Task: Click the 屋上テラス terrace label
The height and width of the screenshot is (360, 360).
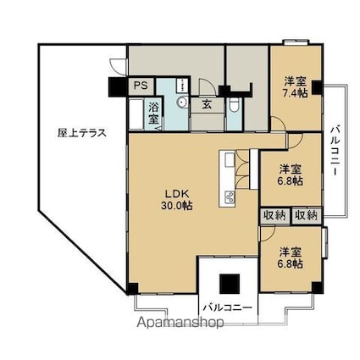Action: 80,132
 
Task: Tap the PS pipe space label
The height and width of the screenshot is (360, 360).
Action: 140,86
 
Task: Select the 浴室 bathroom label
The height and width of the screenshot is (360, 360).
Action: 153,113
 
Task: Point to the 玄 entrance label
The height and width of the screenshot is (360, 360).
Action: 207,105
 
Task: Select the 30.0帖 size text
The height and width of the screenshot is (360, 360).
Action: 174,204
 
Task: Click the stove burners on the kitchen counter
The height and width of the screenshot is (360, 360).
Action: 229,197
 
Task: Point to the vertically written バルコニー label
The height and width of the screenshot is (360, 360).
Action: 335,151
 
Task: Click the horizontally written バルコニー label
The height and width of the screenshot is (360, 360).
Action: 227,307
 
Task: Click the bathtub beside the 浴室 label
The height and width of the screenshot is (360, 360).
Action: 136,114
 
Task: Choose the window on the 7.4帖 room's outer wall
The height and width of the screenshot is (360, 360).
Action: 296,42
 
